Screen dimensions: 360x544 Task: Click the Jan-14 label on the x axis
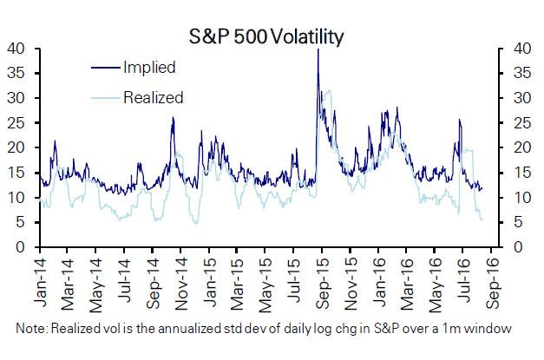coord(40,283)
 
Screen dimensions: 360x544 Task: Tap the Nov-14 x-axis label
coord(181,283)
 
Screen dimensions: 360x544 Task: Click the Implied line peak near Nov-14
coord(173,119)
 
